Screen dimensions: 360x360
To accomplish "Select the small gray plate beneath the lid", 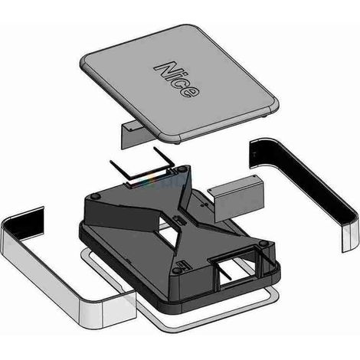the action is (x=133, y=136).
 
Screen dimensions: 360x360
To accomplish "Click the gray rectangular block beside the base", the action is (x=236, y=198).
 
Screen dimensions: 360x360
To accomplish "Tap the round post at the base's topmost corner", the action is (x=182, y=169).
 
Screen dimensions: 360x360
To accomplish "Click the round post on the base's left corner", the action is (x=95, y=196).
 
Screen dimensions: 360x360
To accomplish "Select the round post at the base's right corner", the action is (x=263, y=244).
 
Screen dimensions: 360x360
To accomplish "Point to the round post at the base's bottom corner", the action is (x=176, y=271).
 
